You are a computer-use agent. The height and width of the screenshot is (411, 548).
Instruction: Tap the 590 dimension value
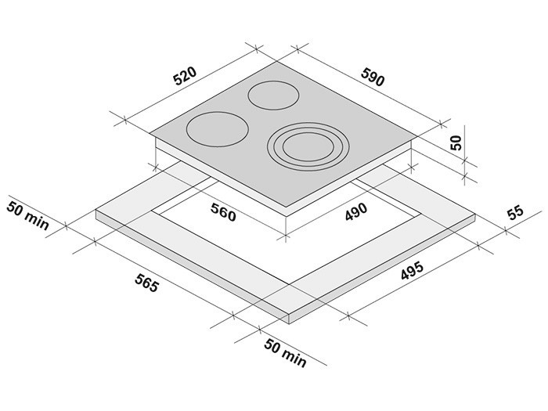click(x=373, y=78)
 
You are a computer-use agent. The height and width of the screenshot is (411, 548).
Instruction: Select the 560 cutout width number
click(x=223, y=212)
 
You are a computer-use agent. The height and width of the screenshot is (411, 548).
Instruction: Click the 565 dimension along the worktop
click(x=147, y=283)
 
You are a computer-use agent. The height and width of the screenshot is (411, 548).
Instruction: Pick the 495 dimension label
click(x=412, y=271)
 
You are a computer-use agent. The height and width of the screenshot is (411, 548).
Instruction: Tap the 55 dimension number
click(x=516, y=213)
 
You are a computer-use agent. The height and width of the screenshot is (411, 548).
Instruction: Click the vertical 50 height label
click(x=456, y=142)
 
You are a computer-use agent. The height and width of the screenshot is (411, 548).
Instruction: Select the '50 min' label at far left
click(x=28, y=215)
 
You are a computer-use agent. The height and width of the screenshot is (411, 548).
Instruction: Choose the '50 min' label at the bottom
click(x=285, y=353)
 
